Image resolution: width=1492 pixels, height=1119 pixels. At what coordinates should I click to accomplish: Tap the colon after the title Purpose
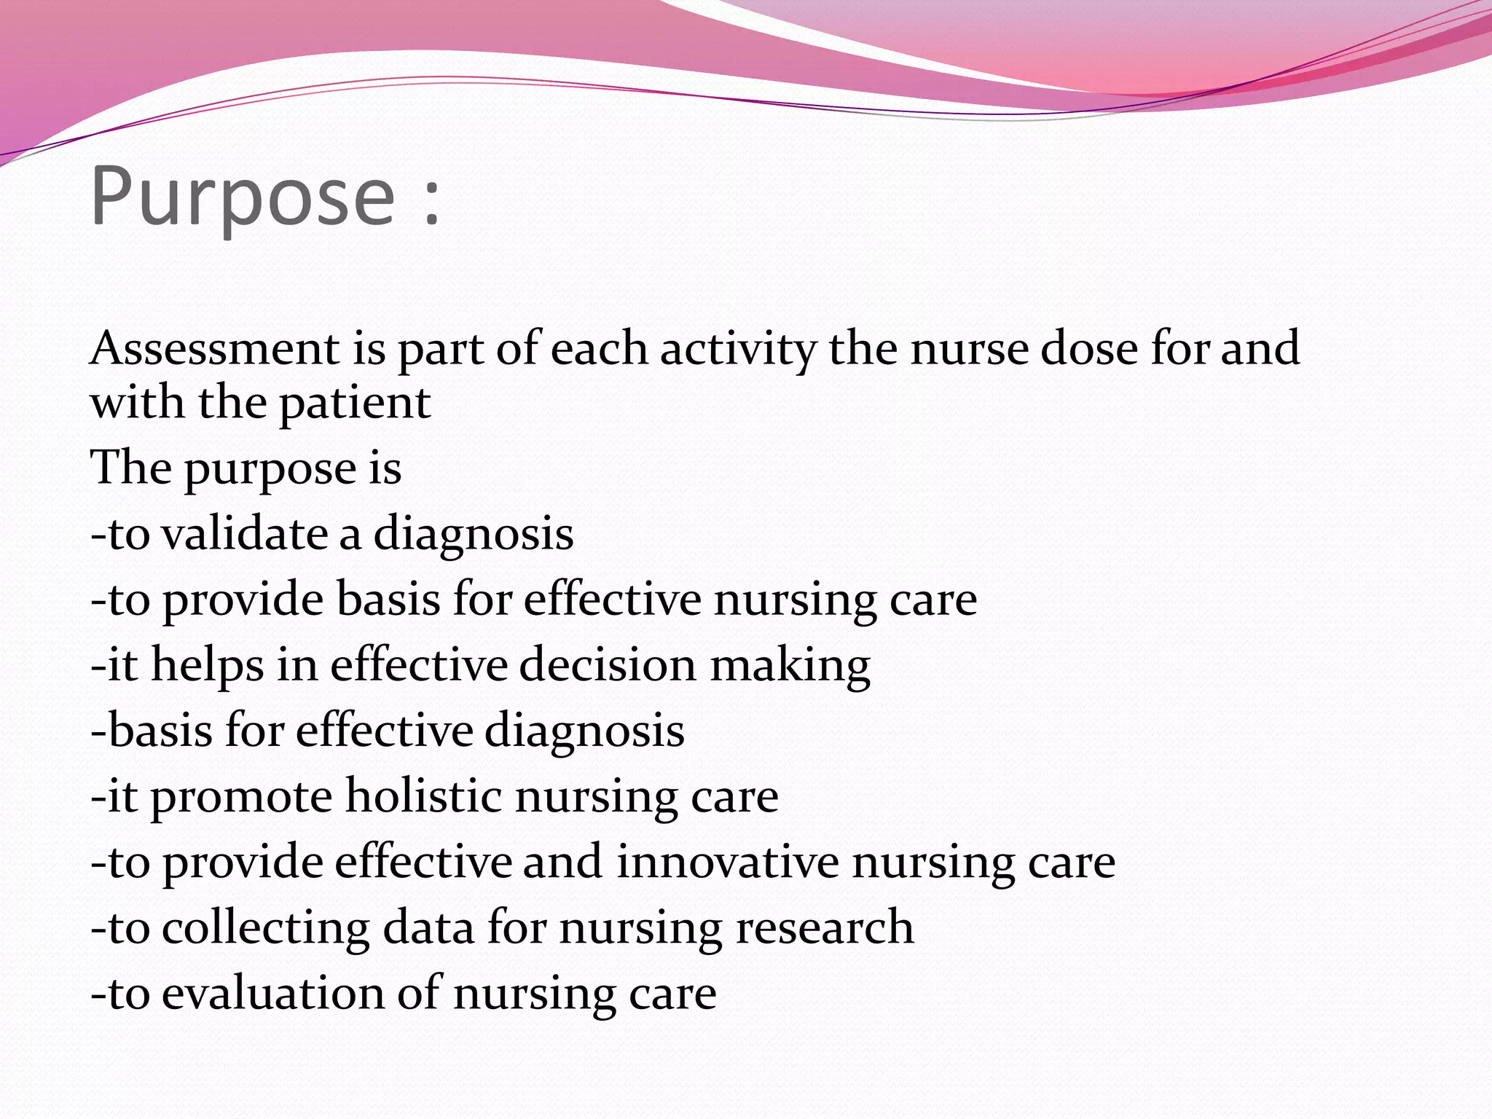click(432, 200)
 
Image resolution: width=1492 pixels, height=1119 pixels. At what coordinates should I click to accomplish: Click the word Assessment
click(215, 348)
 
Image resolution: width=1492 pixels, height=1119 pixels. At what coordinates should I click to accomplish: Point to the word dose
click(1088, 348)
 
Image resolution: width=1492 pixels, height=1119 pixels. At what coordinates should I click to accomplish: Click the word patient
click(355, 403)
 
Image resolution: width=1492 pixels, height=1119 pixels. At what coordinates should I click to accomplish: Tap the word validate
click(245, 533)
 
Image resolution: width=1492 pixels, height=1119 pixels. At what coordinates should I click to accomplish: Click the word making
click(790, 666)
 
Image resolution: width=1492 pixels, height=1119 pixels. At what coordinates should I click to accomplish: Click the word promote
click(241, 797)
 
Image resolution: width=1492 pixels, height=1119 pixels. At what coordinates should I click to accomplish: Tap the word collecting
click(265, 927)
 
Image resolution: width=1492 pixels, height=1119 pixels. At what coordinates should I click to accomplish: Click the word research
click(824, 927)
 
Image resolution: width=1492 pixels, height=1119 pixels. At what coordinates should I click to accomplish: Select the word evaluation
click(272, 993)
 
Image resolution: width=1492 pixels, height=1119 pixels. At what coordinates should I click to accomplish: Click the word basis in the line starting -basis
click(160, 730)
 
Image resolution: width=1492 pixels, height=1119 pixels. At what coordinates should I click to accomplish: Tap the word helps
click(207, 666)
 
